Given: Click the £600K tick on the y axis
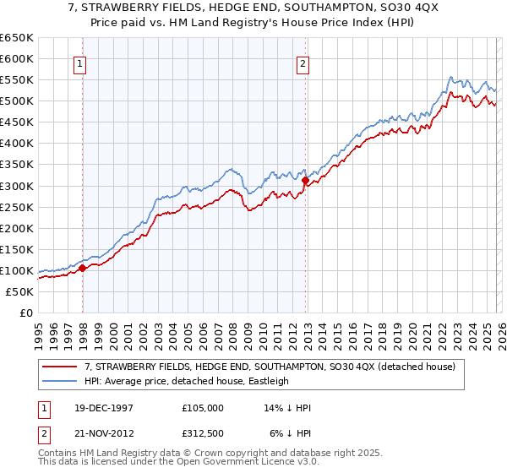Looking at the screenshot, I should pos(16,59).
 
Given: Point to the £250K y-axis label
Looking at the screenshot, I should pos(16,207).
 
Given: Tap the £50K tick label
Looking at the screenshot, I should pos(19,291).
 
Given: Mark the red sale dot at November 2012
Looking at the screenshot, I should pos(305,180).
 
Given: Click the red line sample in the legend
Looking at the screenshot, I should pos(61,367).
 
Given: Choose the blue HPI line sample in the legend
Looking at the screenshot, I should pos(61,381).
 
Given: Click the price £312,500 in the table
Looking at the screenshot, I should pos(207,432).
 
